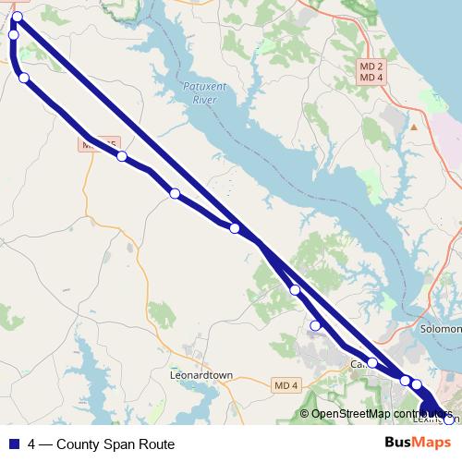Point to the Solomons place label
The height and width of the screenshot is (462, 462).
pyautogui.click(x=441, y=329)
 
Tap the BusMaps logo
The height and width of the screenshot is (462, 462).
pyautogui.click(x=418, y=443)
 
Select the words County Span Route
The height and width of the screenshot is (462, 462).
pyautogui.click(x=115, y=444)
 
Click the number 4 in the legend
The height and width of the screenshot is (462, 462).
pyautogui.click(x=32, y=444)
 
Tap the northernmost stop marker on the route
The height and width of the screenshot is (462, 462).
pyautogui.click(x=18, y=17)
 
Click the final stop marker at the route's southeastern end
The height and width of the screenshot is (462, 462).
pyautogui.click(x=450, y=419)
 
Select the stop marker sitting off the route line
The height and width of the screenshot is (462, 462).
pyautogui.click(x=315, y=324)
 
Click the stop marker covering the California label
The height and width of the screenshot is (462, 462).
pyautogui.click(x=371, y=363)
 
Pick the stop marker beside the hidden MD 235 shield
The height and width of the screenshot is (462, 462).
pyautogui.click(x=122, y=156)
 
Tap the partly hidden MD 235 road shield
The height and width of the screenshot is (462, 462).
pyautogui.click(x=99, y=144)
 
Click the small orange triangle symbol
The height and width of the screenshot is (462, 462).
pyautogui.click(x=415, y=126)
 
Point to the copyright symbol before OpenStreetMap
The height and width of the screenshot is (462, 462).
pyautogui.click(x=304, y=414)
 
